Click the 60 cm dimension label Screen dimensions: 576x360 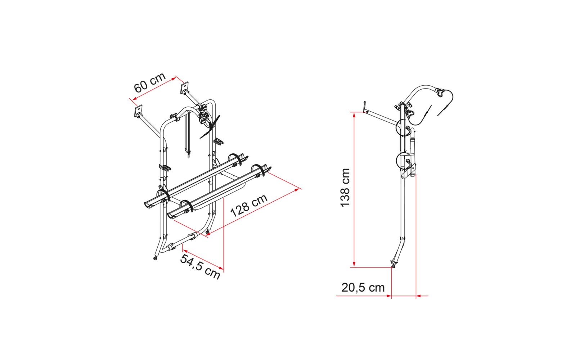tap(150, 82)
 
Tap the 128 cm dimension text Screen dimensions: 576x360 tap(249, 206)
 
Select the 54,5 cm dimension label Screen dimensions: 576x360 tap(200, 267)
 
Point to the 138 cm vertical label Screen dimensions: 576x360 tap(345, 188)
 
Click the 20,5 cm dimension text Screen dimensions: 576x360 tap(363, 288)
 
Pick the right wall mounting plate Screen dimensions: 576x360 tap(184, 88)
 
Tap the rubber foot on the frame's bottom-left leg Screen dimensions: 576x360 tap(155, 258)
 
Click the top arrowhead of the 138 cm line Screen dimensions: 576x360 tap(354, 115)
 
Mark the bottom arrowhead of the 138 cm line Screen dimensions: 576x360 tap(354, 264)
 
